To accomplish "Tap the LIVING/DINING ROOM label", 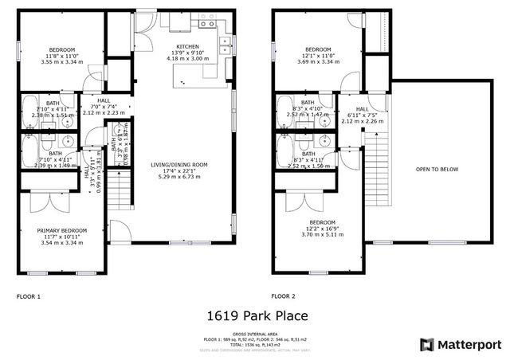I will coord(178,165).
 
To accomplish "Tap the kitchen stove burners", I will coord(209,25).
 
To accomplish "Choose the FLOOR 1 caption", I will coord(29,296).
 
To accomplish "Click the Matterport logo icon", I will coord(428,344).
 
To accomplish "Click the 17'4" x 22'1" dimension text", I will coord(178,170).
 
